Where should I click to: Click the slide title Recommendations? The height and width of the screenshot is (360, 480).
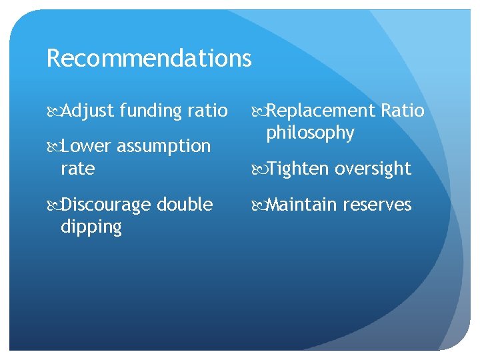pyautogui.click(x=149, y=59)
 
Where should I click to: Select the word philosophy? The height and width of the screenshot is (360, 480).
pyautogui.click(x=310, y=133)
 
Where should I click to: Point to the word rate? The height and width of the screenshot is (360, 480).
pyautogui.click(x=77, y=169)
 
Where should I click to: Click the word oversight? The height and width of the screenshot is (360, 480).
pyautogui.click(x=373, y=169)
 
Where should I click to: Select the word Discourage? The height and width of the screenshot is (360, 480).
pyautogui.click(x=109, y=205)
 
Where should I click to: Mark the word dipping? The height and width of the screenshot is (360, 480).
pyautogui.click(x=91, y=227)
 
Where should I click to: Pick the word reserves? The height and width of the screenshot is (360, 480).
pyautogui.click(x=377, y=205)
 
